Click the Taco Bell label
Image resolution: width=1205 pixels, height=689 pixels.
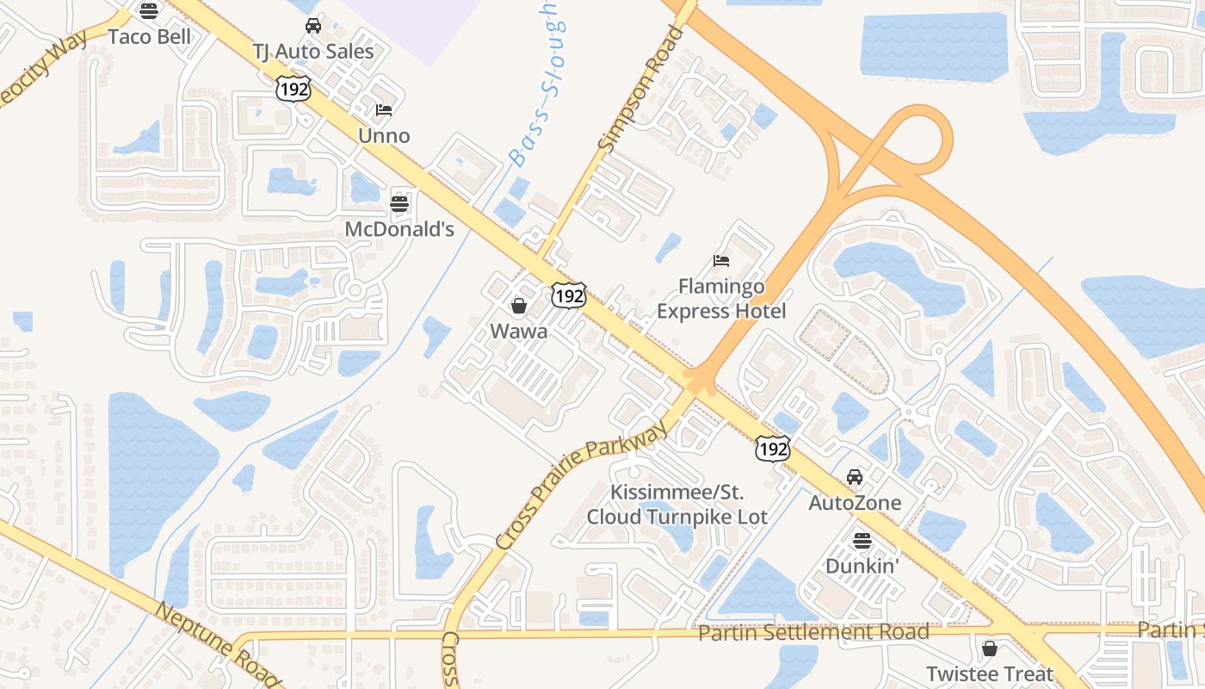coord(150,37)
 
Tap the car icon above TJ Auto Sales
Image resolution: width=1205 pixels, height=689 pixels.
coord(313,26)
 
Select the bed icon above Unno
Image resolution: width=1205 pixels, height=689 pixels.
coord(384,110)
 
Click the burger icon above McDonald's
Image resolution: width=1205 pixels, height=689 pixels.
coord(399,204)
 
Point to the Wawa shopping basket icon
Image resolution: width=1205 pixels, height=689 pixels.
coord(519,306)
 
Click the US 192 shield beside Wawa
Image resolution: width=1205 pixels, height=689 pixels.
coord(569,295)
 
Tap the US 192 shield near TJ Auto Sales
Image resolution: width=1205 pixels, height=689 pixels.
coord(293,88)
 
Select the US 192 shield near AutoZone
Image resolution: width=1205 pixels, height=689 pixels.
coord(772,449)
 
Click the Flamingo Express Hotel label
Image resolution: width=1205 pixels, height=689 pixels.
coord(721,298)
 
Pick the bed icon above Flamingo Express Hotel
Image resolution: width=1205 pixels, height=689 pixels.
coord(721,260)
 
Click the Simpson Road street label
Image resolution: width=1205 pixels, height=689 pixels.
coord(640,90)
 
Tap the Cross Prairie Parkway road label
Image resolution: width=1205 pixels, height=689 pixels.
coord(582,484)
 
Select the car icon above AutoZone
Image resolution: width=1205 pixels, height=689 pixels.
coord(855,476)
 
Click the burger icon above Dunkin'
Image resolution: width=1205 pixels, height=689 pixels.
coord(862,541)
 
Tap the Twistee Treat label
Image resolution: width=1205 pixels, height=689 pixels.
coord(990,673)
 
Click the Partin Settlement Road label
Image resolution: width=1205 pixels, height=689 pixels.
coord(813,632)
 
